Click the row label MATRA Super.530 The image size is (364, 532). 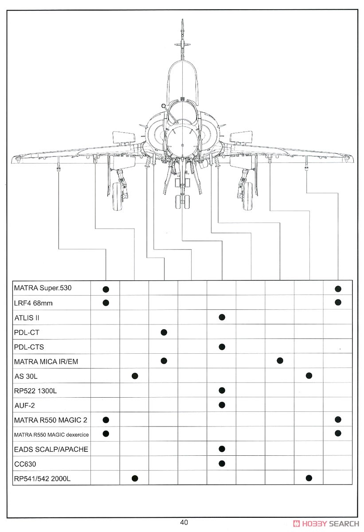(43, 288)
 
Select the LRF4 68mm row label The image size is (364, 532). (33, 303)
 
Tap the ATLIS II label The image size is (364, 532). (27, 318)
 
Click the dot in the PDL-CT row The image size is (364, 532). (164, 332)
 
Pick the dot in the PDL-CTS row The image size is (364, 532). (222, 347)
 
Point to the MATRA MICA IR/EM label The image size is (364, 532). (46, 361)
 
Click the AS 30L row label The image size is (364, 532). (26, 376)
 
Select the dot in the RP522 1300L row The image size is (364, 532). (222, 390)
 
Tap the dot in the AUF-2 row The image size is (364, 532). (222, 405)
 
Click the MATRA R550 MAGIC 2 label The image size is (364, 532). (51, 420)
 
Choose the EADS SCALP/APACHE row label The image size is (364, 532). (51, 449)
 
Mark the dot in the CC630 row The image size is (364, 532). (222, 463)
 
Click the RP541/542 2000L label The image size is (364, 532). (42, 478)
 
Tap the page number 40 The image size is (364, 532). (184, 522)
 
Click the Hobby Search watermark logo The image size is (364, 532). (326, 524)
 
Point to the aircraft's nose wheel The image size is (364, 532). (182, 202)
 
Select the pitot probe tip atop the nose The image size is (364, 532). (182, 20)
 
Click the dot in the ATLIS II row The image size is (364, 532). (222, 317)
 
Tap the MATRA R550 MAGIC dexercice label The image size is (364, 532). (51, 434)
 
